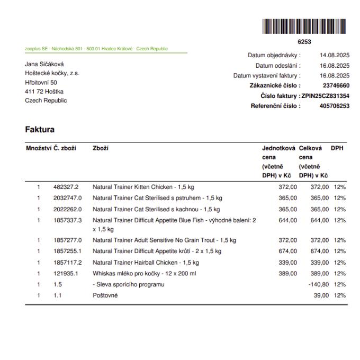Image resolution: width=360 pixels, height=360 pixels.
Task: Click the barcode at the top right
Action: click(x=304, y=27)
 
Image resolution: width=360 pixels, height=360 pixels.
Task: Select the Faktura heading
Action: click(x=40, y=129)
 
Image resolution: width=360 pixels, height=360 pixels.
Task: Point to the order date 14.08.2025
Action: click(x=335, y=55)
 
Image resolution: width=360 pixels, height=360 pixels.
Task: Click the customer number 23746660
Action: click(x=336, y=85)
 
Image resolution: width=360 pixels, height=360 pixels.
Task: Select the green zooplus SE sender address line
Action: click(x=96, y=49)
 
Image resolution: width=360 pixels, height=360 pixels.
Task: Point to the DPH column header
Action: click(x=337, y=149)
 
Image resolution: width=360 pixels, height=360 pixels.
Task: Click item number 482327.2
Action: click(x=66, y=187)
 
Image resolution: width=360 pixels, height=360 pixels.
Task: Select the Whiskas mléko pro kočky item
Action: click(x=144, y=274)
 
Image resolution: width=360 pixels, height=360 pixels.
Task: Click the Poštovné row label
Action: click(x=105, y=295)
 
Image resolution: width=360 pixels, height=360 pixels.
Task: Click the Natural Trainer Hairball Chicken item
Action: click(x=146, y=262)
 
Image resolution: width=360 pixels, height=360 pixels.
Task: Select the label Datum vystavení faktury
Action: click(x=266, y=76)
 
